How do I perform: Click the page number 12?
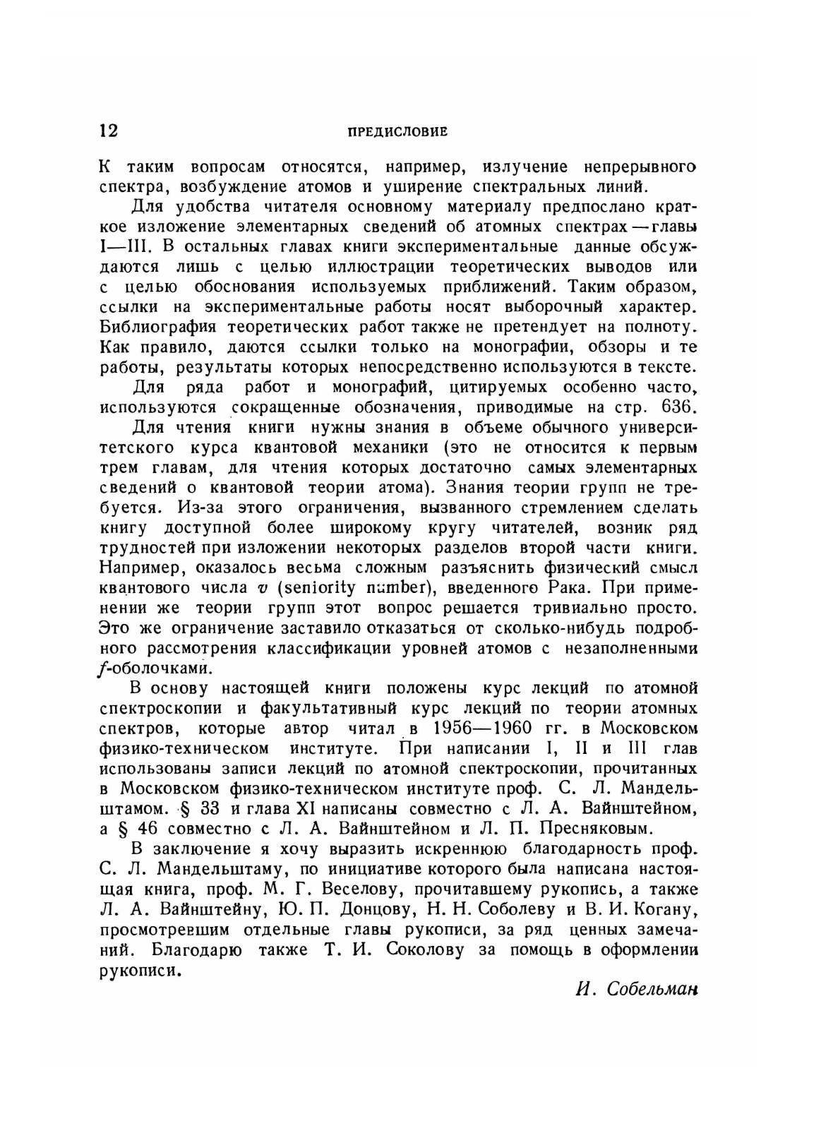click(109, 131)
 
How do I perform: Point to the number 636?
click(678, 408)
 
